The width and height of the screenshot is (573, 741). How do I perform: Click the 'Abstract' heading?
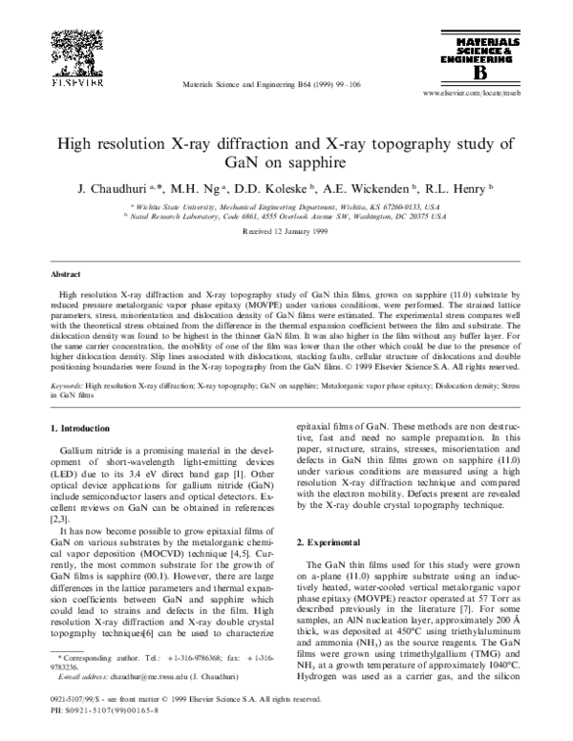click(65, 272)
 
